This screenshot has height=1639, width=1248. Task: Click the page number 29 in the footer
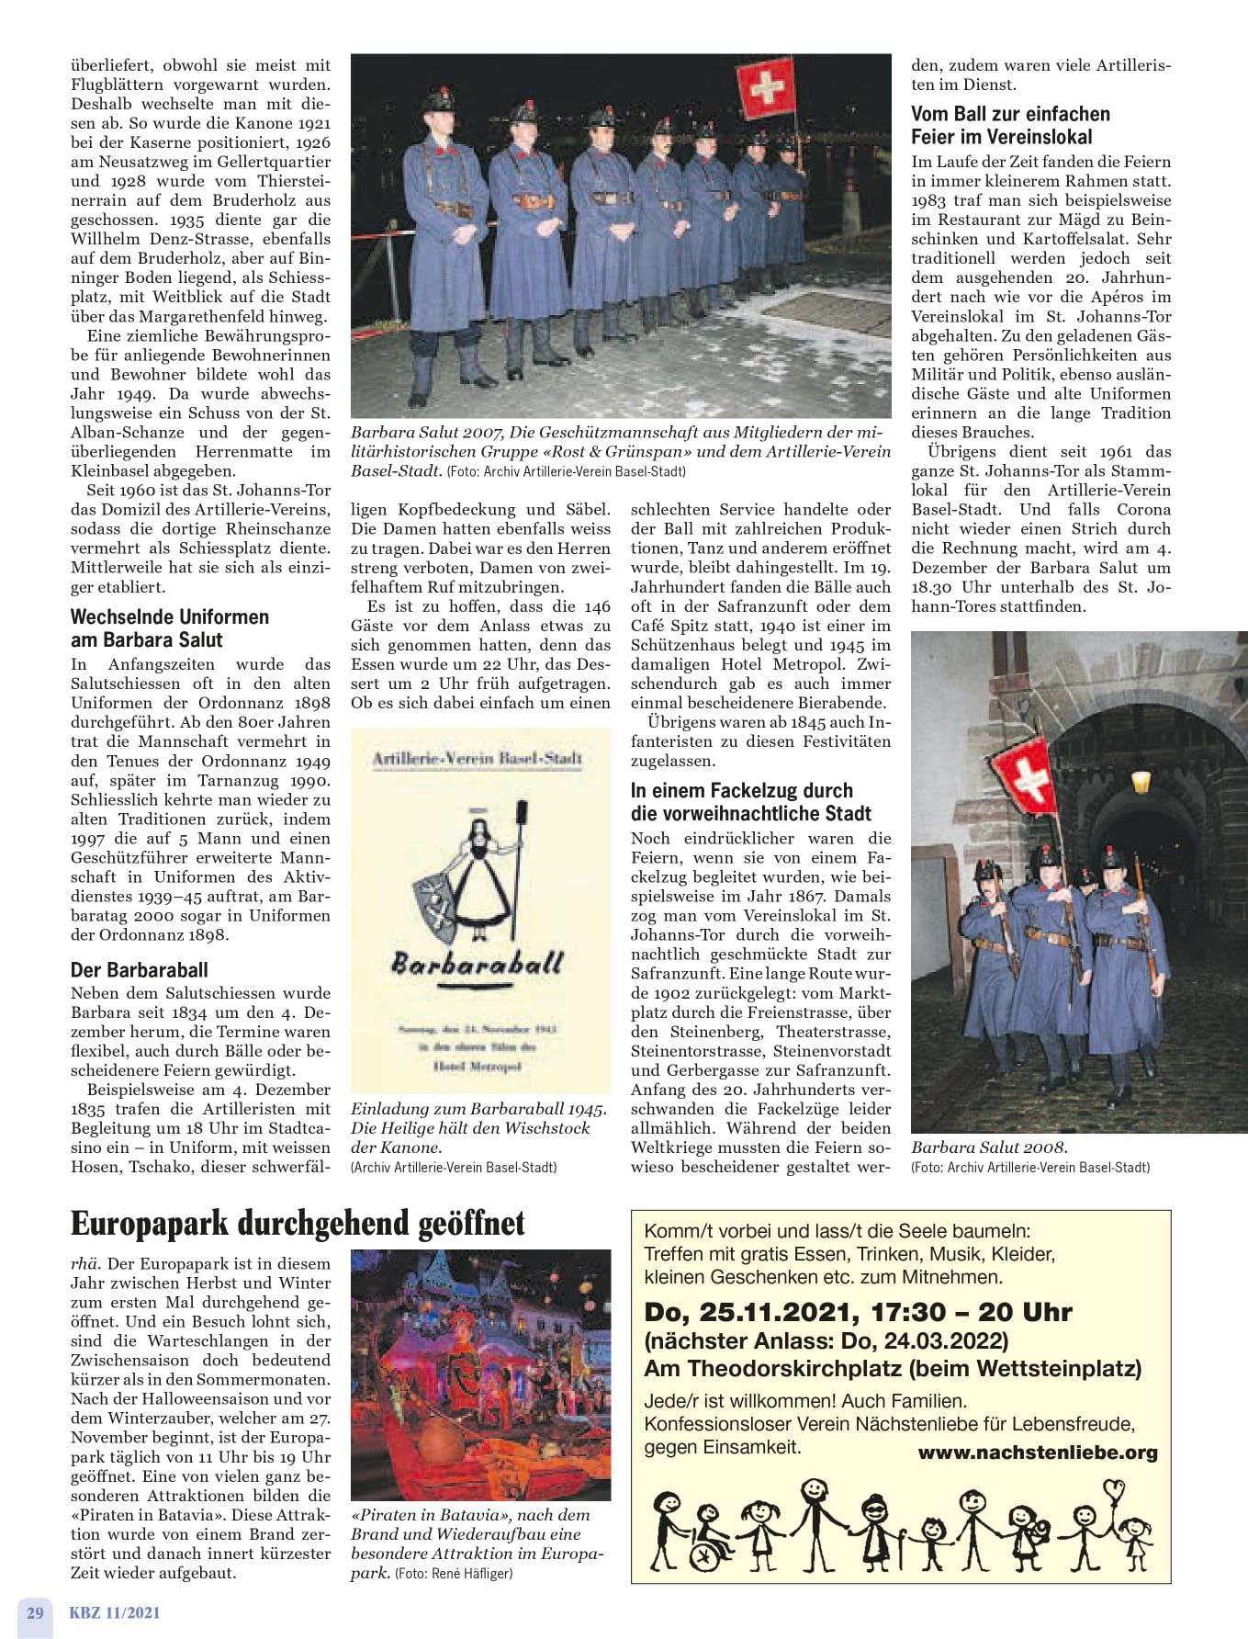tap(35, 1612)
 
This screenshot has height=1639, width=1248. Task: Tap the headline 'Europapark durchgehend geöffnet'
tap(298, 1224)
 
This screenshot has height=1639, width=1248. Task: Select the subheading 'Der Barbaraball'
tap(139, 969)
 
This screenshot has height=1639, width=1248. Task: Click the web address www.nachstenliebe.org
tap(1037, 1452)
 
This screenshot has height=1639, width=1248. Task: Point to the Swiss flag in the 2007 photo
tap(766, 87)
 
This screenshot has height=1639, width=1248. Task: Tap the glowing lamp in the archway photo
tap(1141, 782)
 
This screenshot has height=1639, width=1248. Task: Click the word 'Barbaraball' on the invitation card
tap(477, 963)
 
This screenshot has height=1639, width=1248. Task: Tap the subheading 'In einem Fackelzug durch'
tap(741, 790)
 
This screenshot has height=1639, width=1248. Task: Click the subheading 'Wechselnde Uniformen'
tap(169, 616)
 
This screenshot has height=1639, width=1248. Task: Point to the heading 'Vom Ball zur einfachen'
tap(1010, 114)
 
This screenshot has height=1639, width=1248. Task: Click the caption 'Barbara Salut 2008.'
tap(989, 1147)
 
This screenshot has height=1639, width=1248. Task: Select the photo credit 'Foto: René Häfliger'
tap(453, 1573)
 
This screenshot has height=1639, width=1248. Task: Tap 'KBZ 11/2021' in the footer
tap(114, 1612)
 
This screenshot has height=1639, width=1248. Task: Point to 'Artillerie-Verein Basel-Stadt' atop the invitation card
tap(477, 758)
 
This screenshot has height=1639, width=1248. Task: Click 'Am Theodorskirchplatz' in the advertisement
tap(773, 1368)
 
